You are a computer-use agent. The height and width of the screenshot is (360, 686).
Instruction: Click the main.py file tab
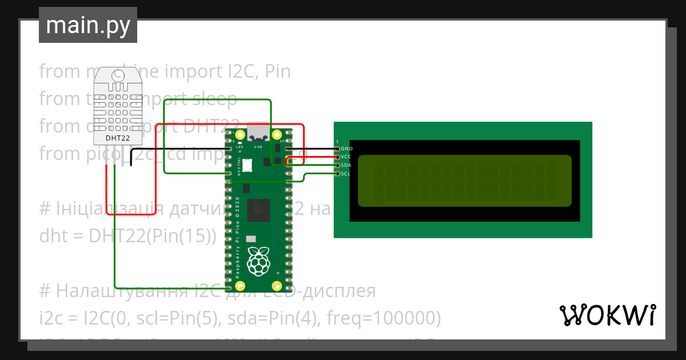point(87,25)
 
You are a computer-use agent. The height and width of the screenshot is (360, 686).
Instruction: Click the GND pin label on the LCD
point(346,149)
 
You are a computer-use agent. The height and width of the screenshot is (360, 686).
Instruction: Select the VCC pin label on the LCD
point(346,157)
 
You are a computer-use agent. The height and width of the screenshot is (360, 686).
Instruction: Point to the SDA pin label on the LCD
point(346,165)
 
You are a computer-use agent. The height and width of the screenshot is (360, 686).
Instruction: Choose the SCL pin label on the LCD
point(345,174)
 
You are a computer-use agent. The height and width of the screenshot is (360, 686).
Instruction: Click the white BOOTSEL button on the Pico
point(248,166)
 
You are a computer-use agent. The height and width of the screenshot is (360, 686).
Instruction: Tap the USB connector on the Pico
point(258,133)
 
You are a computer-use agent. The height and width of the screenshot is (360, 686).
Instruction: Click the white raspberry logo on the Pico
point(258,261)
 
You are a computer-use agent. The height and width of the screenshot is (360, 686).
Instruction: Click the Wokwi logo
point(607,315)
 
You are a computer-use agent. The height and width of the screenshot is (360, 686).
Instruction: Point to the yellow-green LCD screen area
point(464,181)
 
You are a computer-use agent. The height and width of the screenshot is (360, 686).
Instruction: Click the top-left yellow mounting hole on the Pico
point(240,135)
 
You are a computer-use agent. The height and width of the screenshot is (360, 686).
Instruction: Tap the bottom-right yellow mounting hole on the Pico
point(277,286)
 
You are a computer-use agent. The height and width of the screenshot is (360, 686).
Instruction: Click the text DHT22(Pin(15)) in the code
point(153,236)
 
